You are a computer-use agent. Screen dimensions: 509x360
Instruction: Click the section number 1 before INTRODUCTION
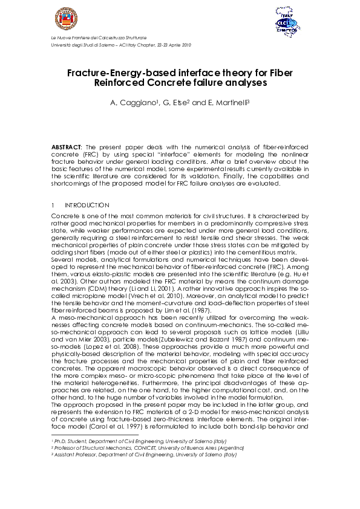point(53,206)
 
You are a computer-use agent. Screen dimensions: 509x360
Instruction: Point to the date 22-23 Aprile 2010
point(172,45)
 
